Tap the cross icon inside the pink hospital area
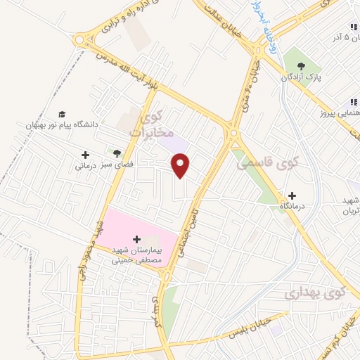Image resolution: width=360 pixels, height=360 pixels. click(136, 239)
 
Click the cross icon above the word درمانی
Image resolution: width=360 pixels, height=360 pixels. click(85, 155)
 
